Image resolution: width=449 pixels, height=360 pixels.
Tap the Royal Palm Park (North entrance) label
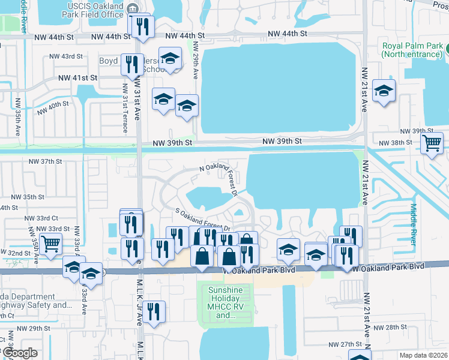pos(414,49)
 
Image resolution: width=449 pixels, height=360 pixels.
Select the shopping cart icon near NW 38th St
pos(432,144)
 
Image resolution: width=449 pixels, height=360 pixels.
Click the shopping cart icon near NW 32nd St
pos(50,244)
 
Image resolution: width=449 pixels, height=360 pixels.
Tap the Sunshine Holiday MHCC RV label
pos(226,302)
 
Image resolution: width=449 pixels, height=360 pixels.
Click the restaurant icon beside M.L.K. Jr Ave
pos(154,311)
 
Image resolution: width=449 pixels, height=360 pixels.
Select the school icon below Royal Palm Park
pos(384,91)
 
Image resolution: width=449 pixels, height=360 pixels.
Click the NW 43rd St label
pos(67,56)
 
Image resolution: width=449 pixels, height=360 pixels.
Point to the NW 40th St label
pos(53,108)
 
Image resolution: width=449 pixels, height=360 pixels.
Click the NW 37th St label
pos(45,161)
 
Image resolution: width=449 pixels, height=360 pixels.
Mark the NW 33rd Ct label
pos(41,219)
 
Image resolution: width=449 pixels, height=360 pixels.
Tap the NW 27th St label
pos(345,344)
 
